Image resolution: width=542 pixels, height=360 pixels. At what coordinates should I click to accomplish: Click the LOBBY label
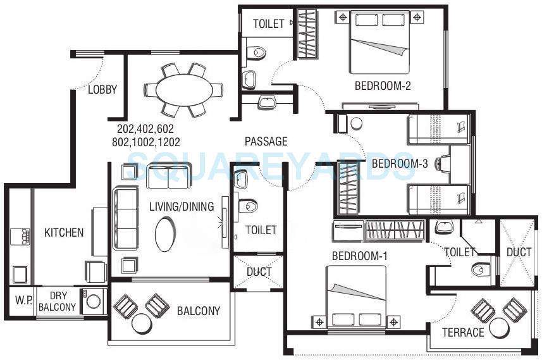tap(102, 90)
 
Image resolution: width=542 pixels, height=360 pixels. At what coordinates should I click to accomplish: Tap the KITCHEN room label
tap(64, 233)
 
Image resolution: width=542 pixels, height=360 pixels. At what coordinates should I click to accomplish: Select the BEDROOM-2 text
tap(383, 86)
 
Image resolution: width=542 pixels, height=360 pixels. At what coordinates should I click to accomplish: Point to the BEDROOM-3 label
tap(400, 164)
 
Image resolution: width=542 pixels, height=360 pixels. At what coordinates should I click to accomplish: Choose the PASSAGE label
tap(266, 142)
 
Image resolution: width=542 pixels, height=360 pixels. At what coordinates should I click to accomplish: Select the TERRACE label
tap(463, 332)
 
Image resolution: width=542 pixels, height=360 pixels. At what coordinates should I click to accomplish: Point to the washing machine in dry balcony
tap(92, 301)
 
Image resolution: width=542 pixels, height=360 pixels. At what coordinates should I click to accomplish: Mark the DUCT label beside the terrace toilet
tap(519, 252)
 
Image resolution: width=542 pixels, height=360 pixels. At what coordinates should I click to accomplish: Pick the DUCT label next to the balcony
tap(259, 272)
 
